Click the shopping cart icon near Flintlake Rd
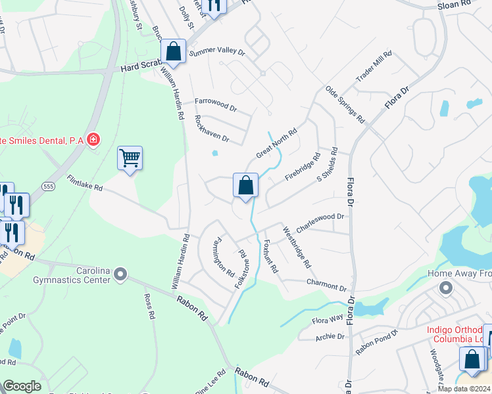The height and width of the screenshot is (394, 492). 130,158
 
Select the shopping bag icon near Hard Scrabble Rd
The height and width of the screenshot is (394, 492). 172,51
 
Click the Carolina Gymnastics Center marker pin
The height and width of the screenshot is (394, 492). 120,273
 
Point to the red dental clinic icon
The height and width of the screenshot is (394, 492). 93,139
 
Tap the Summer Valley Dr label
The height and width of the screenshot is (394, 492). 216,51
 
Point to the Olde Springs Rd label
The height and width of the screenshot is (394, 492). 345,104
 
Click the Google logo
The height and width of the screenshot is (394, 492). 22,386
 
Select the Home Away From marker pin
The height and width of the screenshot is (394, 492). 445,288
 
